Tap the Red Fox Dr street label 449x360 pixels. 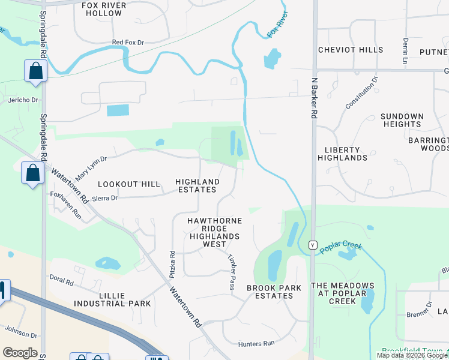(128, 43)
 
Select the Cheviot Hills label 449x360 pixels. (351, 50)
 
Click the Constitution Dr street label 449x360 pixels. (362, 92)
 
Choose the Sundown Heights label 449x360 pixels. (402, 120)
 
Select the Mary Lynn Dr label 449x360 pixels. (91, 169)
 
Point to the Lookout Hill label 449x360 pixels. (129, 184)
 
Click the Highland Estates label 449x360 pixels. (197, 185)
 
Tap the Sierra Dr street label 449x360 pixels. (105, 197)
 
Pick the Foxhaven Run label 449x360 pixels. (66, 206)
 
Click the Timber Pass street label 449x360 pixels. (231, 272)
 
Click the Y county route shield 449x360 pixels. (312, 245)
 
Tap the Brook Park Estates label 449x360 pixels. (274, 292)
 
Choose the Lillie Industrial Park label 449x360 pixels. (112, 299)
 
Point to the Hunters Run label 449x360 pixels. (256, 344)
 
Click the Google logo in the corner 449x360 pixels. (20, 353)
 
